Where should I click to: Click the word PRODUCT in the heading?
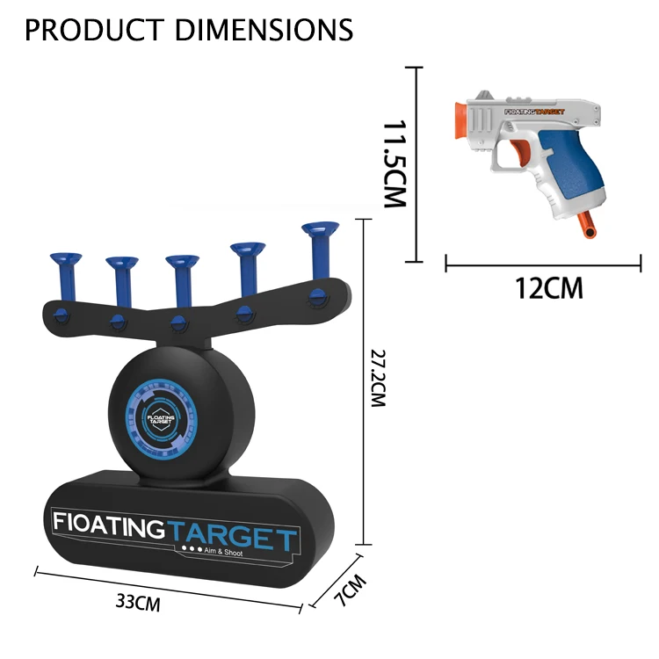click(94, 30)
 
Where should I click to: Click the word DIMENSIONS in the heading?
click(264, 30)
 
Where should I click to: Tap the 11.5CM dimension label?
click(395, 164)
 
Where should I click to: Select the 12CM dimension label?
click(549, 288)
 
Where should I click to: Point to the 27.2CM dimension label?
click(378, 378)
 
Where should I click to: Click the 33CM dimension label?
click(138, 602)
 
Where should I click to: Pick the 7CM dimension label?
click(350, 590)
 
